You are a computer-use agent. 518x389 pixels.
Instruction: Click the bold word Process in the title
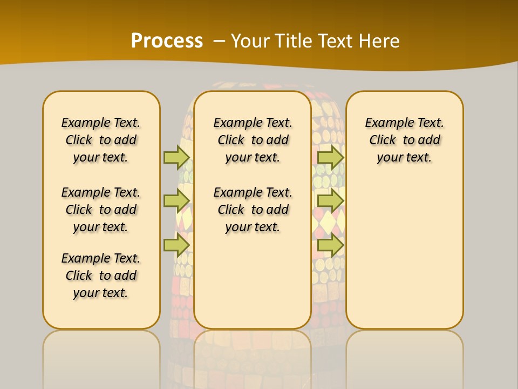[167, 41]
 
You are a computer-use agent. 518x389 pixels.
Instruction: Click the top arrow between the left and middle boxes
[176, 157]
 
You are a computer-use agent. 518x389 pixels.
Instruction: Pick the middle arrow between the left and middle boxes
[176, 201]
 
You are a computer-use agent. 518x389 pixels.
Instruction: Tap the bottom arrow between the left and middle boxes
[176, 245]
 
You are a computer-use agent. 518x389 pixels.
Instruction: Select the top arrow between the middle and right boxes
[330, 157]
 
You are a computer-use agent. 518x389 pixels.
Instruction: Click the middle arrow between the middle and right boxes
[330, 201]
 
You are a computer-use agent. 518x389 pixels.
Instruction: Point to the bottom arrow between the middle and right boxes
[330, 245]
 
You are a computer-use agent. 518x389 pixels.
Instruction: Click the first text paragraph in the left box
[101, 140]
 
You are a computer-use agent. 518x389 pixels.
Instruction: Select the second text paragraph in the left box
[101, 210]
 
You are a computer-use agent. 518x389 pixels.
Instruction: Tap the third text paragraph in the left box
[101, 276]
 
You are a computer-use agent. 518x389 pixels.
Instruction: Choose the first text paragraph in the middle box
[253, 140]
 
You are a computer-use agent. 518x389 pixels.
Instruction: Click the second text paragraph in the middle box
[253, 210]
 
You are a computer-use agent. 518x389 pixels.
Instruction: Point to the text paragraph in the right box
[405, 140]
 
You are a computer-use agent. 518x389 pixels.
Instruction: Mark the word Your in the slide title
[250, 41]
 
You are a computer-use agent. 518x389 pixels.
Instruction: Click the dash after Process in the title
[219, 41]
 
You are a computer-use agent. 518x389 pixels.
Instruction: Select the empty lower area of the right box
[405, 254]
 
